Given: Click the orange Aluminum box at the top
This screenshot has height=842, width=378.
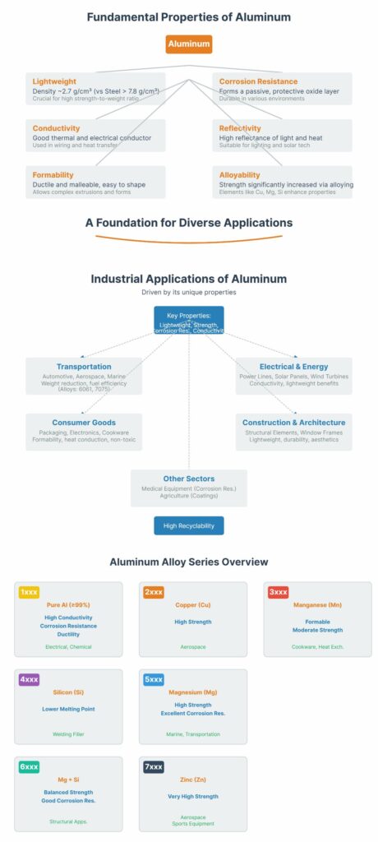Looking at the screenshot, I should coord(188,44).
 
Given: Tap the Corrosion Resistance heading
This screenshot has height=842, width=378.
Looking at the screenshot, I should coord(259,81).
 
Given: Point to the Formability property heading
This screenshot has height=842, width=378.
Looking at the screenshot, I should coord(53,174).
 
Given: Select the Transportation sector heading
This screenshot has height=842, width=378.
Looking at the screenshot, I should coord(84,366).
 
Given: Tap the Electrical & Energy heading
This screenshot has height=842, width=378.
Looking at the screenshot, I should coord(293,366).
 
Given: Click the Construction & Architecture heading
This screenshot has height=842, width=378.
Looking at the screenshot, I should coord(293,422).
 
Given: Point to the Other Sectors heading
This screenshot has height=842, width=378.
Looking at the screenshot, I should coord(188,478).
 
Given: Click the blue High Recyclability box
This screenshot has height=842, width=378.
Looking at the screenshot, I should coord(188,525).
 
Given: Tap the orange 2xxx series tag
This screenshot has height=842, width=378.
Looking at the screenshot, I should coord(153,591).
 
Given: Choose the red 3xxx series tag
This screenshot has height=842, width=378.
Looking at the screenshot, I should coord(278,591).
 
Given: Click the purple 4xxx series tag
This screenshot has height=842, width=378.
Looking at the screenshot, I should coord(28,679).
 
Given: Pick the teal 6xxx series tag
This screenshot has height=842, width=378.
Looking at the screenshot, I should coord(29,766).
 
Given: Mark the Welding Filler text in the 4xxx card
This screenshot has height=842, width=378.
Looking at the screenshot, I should coord(68,734).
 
